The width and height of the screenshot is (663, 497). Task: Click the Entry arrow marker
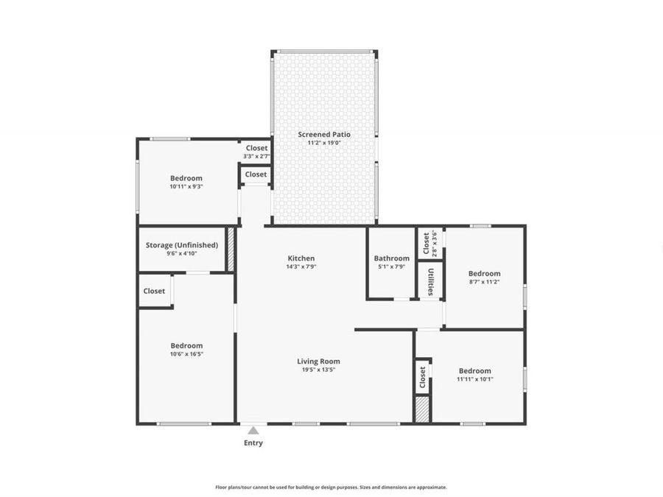(253, 431)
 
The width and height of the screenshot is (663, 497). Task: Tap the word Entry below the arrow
(253, 443)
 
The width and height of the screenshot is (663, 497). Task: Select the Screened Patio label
(324, 135)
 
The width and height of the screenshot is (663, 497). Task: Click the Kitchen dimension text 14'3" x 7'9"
(301, 267)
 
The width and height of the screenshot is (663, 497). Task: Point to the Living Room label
(318, 361)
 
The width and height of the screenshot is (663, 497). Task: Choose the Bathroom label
(391, 258)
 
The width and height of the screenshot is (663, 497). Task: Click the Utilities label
(430, 281)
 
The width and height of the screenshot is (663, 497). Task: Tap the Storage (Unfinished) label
(181, 245)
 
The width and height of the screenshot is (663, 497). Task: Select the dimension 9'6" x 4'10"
(181, 254)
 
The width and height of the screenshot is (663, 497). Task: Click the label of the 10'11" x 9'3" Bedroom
(186, 178)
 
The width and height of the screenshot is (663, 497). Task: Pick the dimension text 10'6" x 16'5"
(186, 354)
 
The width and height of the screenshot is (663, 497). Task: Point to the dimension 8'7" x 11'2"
(484, 282)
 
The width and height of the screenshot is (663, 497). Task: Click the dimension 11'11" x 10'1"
(474, 380)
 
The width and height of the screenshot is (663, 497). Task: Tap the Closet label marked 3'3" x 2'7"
(256, 148)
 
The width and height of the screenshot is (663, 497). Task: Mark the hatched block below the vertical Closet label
(422, 409)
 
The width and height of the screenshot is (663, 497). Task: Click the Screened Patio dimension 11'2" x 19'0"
(324, 143)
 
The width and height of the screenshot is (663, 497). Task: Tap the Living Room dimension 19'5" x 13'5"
(318, 370)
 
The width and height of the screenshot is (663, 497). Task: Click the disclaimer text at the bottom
(331, 487)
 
